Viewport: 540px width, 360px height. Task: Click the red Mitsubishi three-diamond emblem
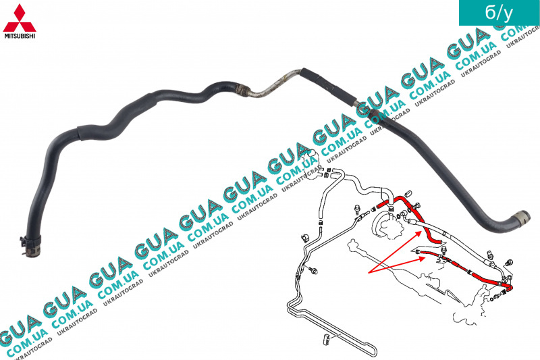click(x=20, y=18)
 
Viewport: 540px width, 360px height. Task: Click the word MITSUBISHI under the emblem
click(x=20, y=36)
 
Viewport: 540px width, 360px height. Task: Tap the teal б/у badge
click(x=499, y=12)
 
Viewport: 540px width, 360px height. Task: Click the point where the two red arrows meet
click(x=369, y=273)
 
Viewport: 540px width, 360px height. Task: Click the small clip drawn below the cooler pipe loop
click(x=326, y=339)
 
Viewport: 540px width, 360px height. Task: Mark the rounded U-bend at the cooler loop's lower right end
click(x=372, y=351)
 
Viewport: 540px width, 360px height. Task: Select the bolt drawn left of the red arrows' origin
click(x=313, y=269)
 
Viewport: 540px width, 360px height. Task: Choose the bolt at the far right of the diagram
click(x=509, y=263)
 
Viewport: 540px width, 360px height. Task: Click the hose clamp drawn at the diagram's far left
click(x=305, y=238)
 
